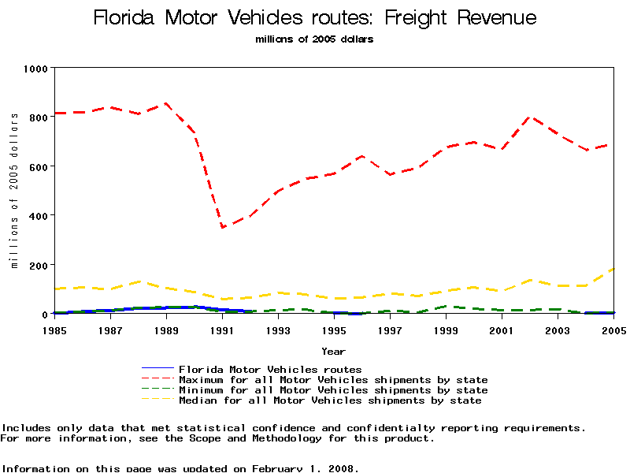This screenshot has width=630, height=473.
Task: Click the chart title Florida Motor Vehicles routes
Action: pos(314,18)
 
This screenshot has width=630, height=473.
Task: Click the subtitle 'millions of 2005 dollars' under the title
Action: pos(314,39)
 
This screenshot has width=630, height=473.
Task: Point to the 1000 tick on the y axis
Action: pos(35,69)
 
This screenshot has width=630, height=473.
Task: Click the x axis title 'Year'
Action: pos(333,351)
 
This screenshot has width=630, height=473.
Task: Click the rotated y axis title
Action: pos(14,190)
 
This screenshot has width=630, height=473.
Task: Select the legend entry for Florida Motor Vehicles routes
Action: pos(270,369)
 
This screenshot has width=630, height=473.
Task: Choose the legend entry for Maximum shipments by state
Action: pos(333,380)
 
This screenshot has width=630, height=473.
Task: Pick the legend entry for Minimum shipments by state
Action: pos(333,390)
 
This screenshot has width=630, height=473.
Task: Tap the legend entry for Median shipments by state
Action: pos(330,400)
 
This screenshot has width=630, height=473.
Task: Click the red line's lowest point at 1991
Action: pos(223,228)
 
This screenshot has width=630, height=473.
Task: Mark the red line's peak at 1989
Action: pos(166,103)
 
